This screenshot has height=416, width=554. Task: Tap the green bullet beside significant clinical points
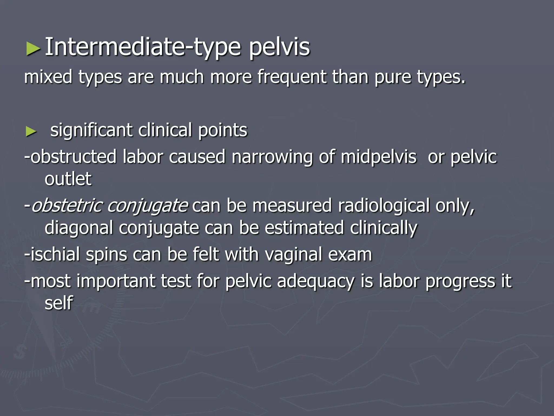31,132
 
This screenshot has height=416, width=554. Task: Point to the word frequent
292,77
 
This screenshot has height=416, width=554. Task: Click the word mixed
48,77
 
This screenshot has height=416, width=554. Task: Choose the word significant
91,131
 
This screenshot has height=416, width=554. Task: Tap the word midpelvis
378,157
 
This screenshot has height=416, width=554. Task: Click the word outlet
68,179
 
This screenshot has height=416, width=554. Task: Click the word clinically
383,228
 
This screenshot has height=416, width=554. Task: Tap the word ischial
55,255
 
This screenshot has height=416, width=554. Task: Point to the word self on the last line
59,303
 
